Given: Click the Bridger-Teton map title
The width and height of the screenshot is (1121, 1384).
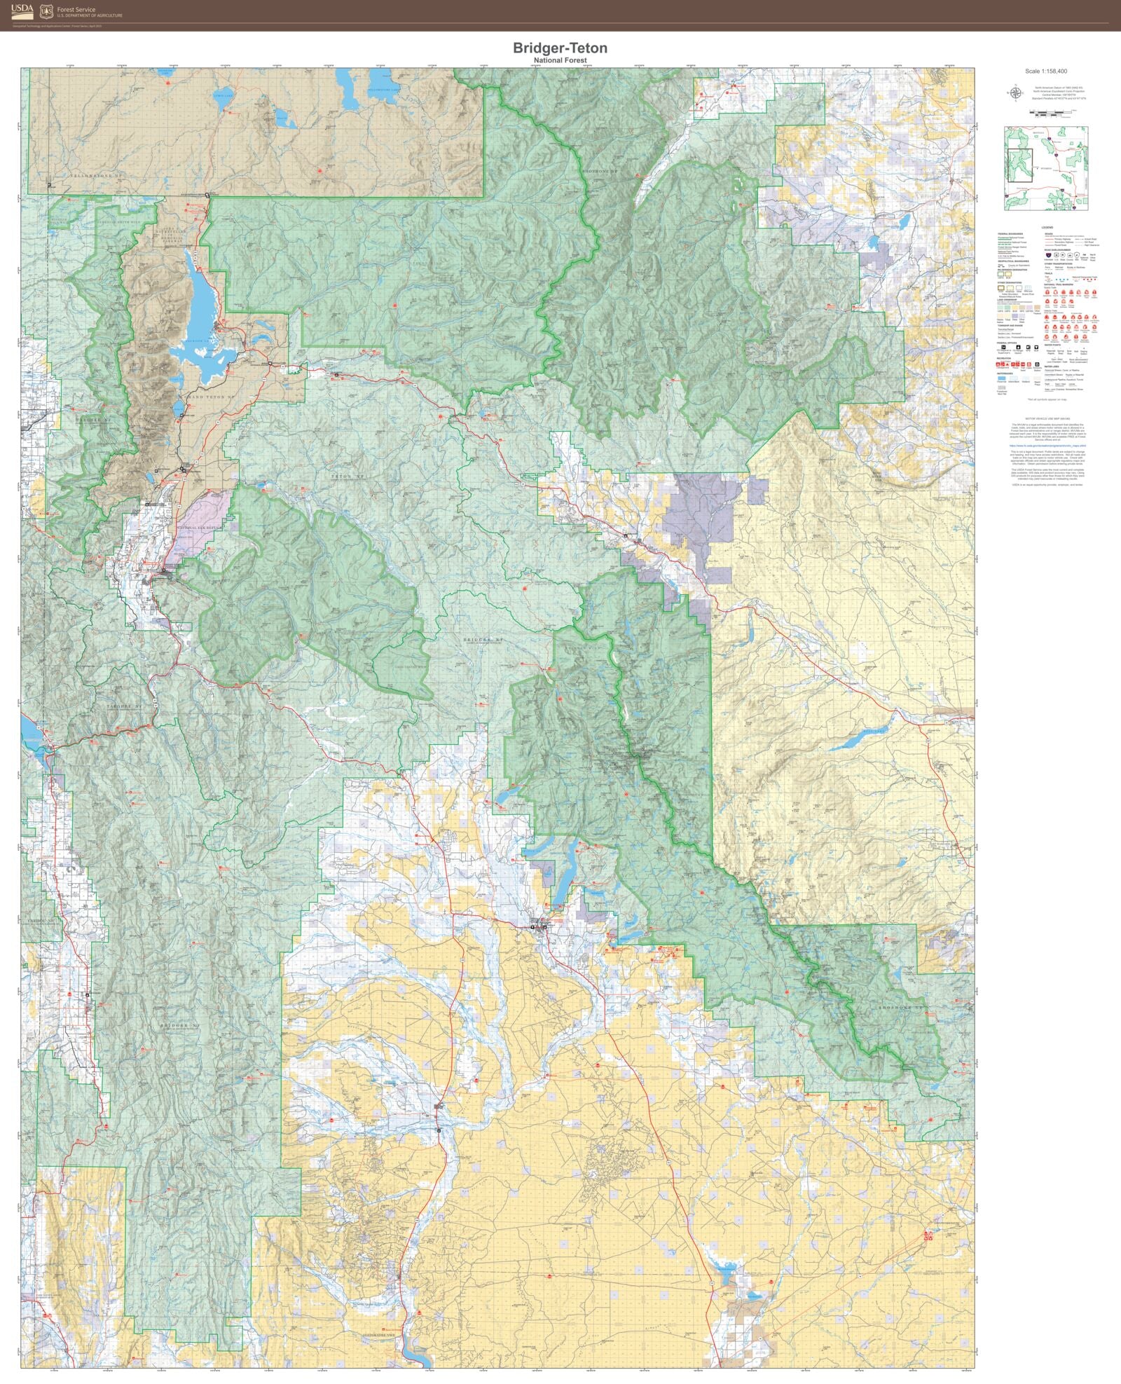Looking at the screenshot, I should tap(560, 48).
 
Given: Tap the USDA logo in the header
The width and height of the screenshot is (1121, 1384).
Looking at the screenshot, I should tap(22, 11).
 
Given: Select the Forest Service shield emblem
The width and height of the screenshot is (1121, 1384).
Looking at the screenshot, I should tap(46, 11).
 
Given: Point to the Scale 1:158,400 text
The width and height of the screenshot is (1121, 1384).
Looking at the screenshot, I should tap(1045, 71).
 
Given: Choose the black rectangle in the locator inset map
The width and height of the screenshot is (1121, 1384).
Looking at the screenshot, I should tap(1019, 165).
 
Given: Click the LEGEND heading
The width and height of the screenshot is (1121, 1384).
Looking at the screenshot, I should tap(1047, 228).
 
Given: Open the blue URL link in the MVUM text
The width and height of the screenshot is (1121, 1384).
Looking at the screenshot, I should tap(1047, 445).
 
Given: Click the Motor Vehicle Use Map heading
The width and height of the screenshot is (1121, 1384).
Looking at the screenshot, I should tap(1047, 418).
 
